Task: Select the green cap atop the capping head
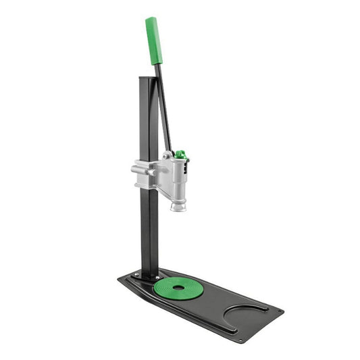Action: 180,155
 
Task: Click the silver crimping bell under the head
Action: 178,203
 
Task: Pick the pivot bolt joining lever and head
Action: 167,156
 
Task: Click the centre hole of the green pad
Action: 178,288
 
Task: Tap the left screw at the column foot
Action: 137,275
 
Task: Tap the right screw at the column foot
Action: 158,277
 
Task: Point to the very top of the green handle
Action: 150,18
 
